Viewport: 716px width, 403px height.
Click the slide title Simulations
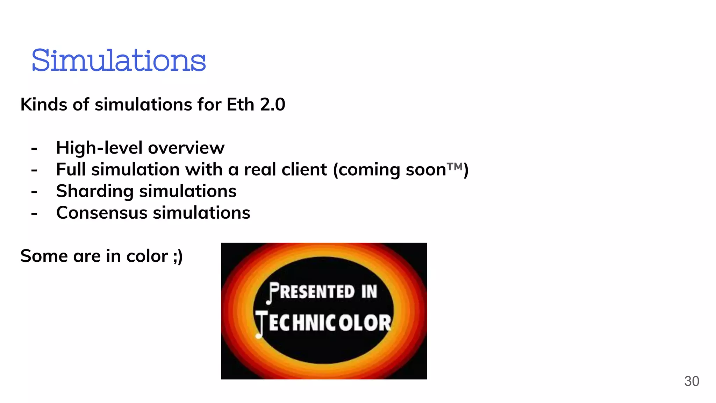point(119,61)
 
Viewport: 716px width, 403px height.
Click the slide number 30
point(691,381)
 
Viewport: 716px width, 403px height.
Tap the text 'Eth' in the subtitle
point(240,105)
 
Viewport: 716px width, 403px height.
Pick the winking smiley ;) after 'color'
point(178,256)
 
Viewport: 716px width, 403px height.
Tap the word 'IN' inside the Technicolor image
point(369,292)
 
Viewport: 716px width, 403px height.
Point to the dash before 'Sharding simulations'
point(34,192)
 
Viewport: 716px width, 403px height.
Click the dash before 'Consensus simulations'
point(34,213)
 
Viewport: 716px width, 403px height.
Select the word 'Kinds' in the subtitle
point(43,105)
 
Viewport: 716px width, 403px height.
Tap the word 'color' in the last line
point(147,256)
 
